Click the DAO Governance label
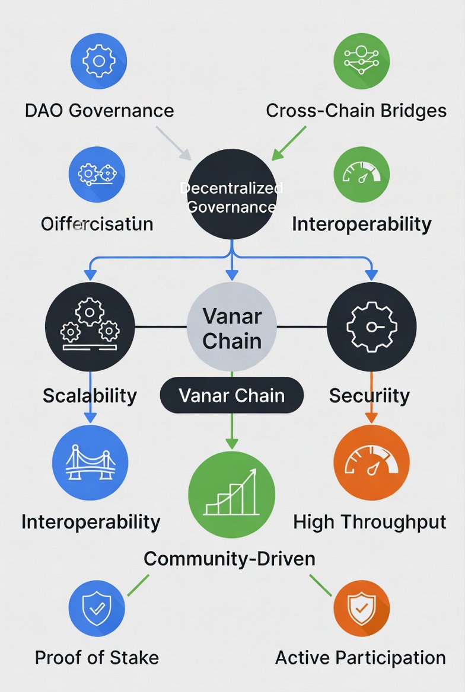(99, 110)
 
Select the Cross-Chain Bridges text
(356, 110)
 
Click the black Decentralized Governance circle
(232, 194)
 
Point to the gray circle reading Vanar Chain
(232, 327)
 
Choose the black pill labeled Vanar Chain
(232, 395)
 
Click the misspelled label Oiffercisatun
(97, 224)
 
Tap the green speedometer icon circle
(362, 175)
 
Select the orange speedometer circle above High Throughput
(371, 463)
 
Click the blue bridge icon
(90, 463)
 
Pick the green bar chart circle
(232, 495)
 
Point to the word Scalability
(90, 395)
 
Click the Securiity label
(369, 395)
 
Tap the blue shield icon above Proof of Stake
(97, 608)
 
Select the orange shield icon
(362, 608)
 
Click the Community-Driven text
(230, 558)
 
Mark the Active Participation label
(361, 657)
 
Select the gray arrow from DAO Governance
(174, 143)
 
